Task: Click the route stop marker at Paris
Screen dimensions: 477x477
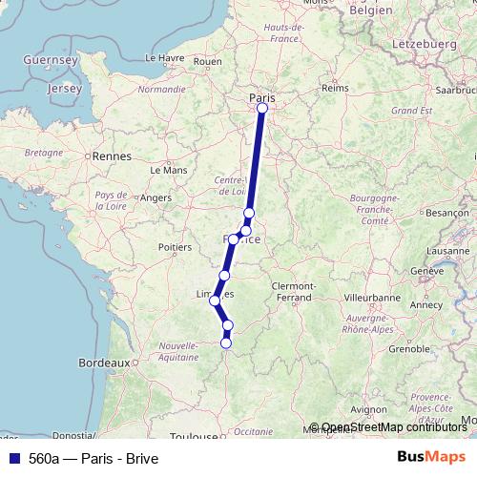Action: (262, 108)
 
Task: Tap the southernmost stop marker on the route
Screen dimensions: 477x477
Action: (226, 342)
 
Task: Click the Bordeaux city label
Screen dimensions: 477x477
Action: (104, 363)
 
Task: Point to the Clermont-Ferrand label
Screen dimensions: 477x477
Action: (294, 292)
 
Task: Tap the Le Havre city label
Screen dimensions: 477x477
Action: (166, 57)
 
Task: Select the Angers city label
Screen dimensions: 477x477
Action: (156, 197)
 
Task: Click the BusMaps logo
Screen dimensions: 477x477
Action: (431, 457)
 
